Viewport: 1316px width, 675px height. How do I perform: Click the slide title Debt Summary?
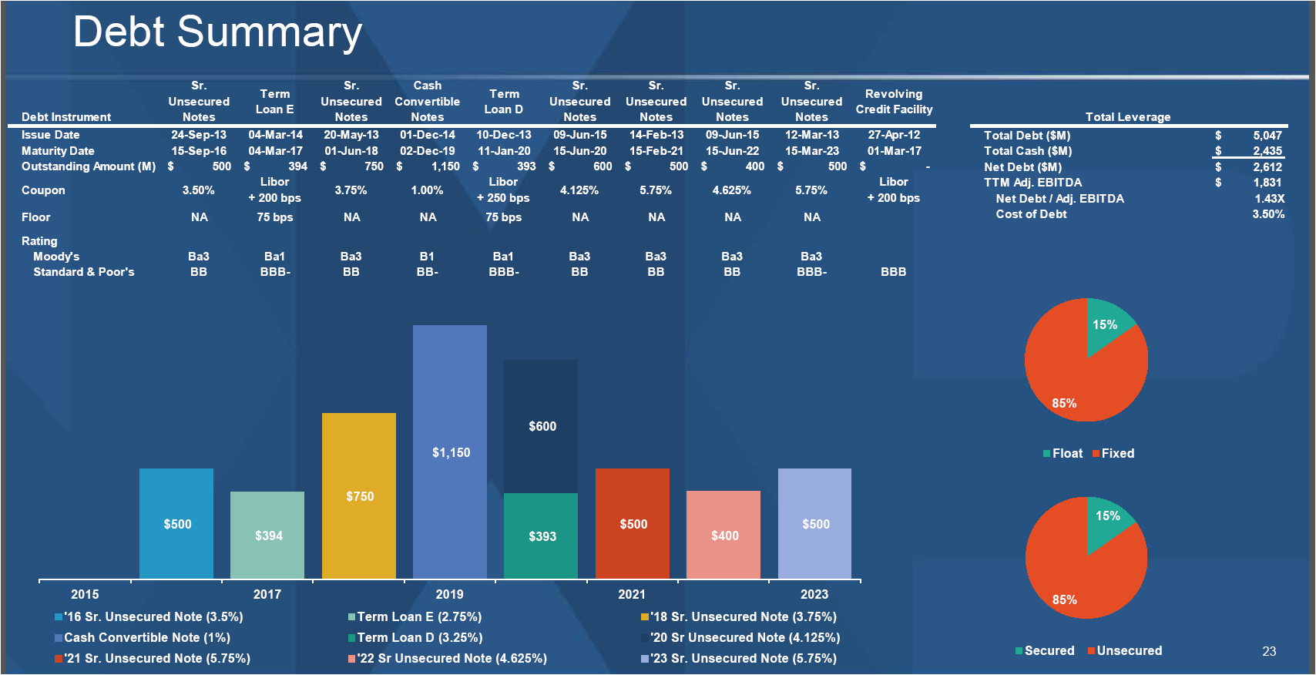pos(217,32)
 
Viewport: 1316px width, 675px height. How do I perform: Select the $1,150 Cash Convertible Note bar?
pos(450,452)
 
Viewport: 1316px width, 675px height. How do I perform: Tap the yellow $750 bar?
pos(359,496)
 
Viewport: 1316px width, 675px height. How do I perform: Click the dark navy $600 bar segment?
pos(541,425)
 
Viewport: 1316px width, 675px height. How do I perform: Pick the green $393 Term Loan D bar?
pos(541,536)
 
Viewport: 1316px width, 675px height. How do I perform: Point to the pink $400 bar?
pos(723,536)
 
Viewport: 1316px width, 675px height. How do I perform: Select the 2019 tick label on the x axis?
pos(449,594)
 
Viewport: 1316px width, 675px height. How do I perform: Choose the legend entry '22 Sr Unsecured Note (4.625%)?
pos(452,659)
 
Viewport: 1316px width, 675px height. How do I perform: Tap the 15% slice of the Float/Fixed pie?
pos(1106,327)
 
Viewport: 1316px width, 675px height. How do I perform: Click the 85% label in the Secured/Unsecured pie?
pos(1064,599)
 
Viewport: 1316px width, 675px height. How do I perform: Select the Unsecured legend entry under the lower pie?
pos(1128,651)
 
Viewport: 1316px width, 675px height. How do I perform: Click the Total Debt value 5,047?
pos(1267,136)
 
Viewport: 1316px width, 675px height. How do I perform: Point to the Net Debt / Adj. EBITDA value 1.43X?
pos(1269,199)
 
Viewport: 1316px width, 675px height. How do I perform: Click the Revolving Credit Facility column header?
pos(894,102)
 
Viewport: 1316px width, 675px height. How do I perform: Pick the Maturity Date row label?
pos(58,151)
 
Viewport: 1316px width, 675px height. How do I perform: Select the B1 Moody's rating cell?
pos(427,257)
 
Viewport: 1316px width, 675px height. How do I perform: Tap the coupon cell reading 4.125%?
pos(579,190)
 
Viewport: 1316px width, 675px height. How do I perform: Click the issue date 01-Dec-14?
pos(427,135)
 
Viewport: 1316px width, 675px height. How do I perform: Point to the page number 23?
pos(1269,652)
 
